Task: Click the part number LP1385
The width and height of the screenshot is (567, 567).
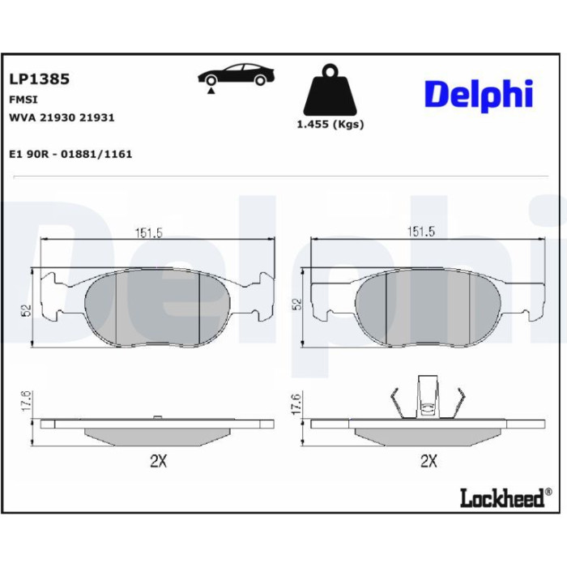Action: pyautogui.click(x=39, y=79)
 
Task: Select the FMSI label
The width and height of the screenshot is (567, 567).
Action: pyautogui.click(x=23, y=100)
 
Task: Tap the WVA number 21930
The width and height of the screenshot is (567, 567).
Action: pyautogui.click(x=58, y=117)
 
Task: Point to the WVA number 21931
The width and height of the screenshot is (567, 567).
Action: pyautogui.click(x=96, y=117)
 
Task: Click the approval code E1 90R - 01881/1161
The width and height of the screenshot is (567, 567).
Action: pyautogui.click(x=70, y=154)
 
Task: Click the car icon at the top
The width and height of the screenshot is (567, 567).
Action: pyautogui.click(x=236, y=75)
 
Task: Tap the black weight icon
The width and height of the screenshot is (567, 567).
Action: pyautogui.click(x=330, y=90)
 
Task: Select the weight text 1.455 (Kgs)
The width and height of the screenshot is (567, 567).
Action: pyautogui.click(x=330, y=125)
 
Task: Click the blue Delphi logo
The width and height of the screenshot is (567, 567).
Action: pyautogui.click(x=479, y=95)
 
